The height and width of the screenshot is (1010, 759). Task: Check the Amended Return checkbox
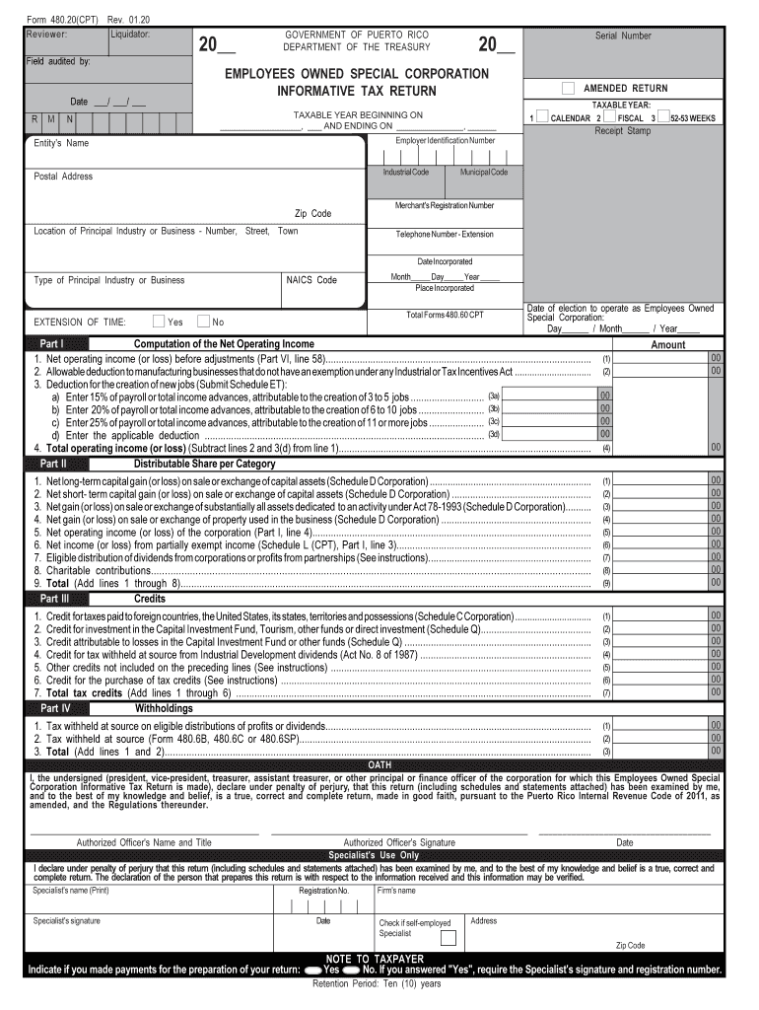(x=568, y=89)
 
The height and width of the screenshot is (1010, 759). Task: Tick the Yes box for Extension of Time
(x=159, y=322)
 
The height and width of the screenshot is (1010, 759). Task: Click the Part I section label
(x=52, y=344)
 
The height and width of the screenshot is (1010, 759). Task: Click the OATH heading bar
(x=379, y=764)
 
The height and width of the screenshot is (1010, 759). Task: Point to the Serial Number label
(x=623, y=36)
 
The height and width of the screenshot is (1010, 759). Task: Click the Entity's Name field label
(x=61, y=144)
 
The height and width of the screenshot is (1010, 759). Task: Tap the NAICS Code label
(x=311, y=280)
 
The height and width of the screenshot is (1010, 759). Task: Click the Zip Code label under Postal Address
(x=313, y=214)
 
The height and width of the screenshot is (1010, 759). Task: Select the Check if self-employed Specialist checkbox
(x=448, y=938)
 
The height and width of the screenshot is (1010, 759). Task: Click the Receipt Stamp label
(x=622, y=130)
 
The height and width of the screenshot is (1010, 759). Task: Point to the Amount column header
(x=667, y=345)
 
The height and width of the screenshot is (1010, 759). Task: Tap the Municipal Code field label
(x=483, y=173)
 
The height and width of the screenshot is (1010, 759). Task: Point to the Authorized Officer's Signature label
(x=398, y=842)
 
